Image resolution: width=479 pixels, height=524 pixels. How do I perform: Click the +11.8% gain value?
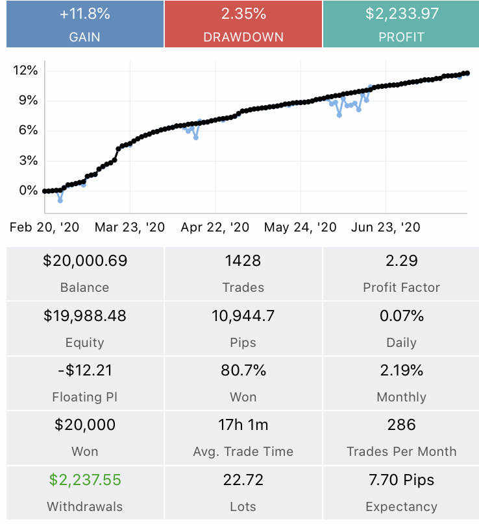[x=84, y=14]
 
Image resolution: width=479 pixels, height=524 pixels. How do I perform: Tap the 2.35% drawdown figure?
[x=243, y=14]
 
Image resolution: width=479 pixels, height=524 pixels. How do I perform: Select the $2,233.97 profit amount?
[x=401, y=14]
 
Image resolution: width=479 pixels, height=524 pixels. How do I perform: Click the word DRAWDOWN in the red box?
[x=243, y=37]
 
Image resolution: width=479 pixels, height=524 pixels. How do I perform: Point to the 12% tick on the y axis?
[x=25, y=70]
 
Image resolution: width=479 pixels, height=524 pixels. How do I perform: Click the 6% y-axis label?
[x=29, y=130]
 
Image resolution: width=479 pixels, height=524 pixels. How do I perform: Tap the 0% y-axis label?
[x=29, y=191]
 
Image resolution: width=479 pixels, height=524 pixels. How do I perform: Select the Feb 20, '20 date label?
[x=44, y=227]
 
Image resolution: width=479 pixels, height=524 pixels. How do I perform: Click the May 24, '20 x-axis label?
[x=300, y=227]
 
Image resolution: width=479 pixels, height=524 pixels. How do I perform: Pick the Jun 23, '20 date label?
[x=386, y=227]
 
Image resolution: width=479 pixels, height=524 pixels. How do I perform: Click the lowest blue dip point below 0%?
[x=60, y=200]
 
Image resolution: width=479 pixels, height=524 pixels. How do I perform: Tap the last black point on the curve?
[x=467, y=73]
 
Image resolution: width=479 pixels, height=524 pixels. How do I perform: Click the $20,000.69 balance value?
[x=85, y=261]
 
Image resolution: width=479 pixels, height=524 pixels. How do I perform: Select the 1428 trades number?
[x=243, y=261]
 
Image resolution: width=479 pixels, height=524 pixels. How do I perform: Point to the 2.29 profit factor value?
[x=401, y=261]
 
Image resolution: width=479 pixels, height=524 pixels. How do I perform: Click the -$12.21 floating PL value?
[x=85, y=370]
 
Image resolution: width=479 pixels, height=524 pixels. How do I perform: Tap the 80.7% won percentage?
[x=243, y=370]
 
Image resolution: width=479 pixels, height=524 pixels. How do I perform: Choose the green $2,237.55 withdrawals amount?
[x=85, y=480]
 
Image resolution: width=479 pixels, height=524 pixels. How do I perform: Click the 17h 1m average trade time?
[x=243, y=425]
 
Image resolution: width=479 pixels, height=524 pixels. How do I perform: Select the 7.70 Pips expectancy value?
[x=401, y=480]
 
